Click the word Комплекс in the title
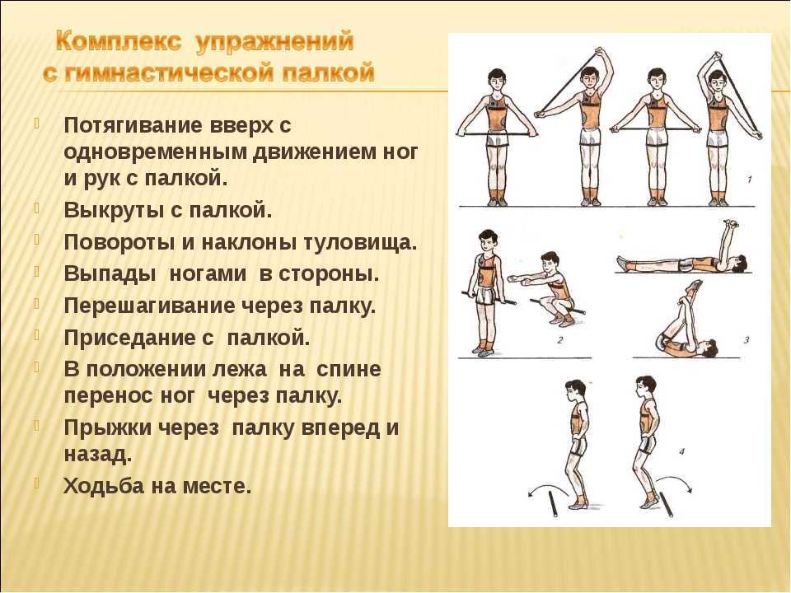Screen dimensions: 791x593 tap(118, 42)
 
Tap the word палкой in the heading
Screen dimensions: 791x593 tap(328, 72)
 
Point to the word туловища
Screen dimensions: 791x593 tap(360, 242)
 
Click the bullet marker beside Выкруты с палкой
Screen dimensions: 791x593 tap(37, 208)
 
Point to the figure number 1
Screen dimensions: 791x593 tap(749, 179)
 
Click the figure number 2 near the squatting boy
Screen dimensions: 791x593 tap(559, 340)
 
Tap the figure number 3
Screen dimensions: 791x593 tap(747, 340)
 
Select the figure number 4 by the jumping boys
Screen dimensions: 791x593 tap(682, 451)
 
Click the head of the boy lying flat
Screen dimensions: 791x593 tap(741, 263)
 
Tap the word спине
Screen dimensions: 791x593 tap(349, 370)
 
